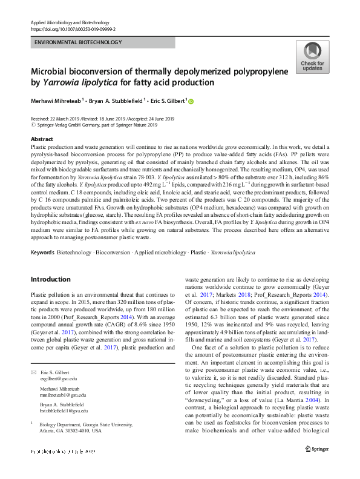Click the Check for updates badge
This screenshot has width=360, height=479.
(x=312, y=58)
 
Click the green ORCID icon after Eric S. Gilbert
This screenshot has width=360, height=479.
(x=191, y=101)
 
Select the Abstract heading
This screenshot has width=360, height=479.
(x=41, y=139)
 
